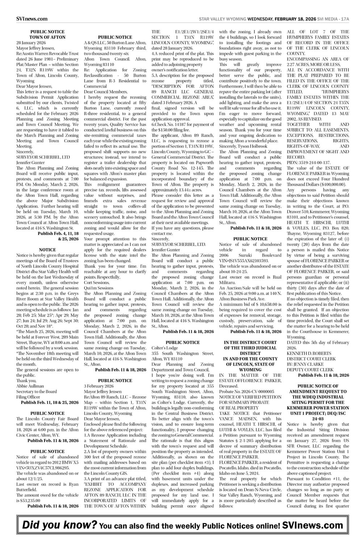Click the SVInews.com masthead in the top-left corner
pyautogui.click(x=32, y=19)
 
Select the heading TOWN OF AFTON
pyautogui.click(x=47, y=37)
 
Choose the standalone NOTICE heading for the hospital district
pyautogui.click(x=47, y=250)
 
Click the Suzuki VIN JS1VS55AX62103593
pyautogui.click(x=244, y=260)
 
